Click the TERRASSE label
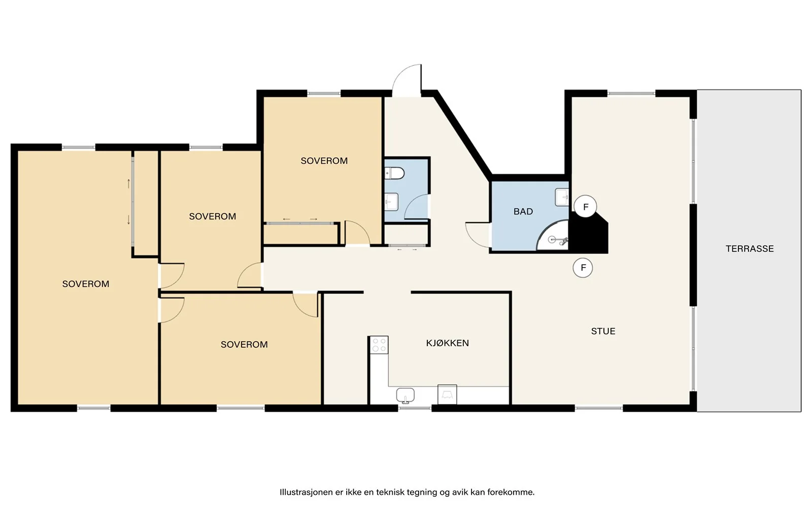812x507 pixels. click(x=749, y=248)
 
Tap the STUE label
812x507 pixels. click(x=603, y=331)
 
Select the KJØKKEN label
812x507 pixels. click(x=447, y=343)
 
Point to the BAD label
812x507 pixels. click(x=523, y=211)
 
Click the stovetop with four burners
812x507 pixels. click(x=379, y=345)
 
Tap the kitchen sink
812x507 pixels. click(x=405, y=395)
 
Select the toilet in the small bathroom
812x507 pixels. click(x=394, y=173)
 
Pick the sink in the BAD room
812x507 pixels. click(x=561, y=197)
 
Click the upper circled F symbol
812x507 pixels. click(x=585, y=207)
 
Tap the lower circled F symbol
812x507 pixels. click(x=583, y=268)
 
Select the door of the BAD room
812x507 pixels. click(x=478, y=235)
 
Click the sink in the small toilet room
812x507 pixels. click(x=391, y=202)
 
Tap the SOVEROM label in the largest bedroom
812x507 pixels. click(x=86, y=284)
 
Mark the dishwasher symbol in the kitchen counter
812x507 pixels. click(x=447, y=394)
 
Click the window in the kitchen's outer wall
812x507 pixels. click(x=415, y=408)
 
